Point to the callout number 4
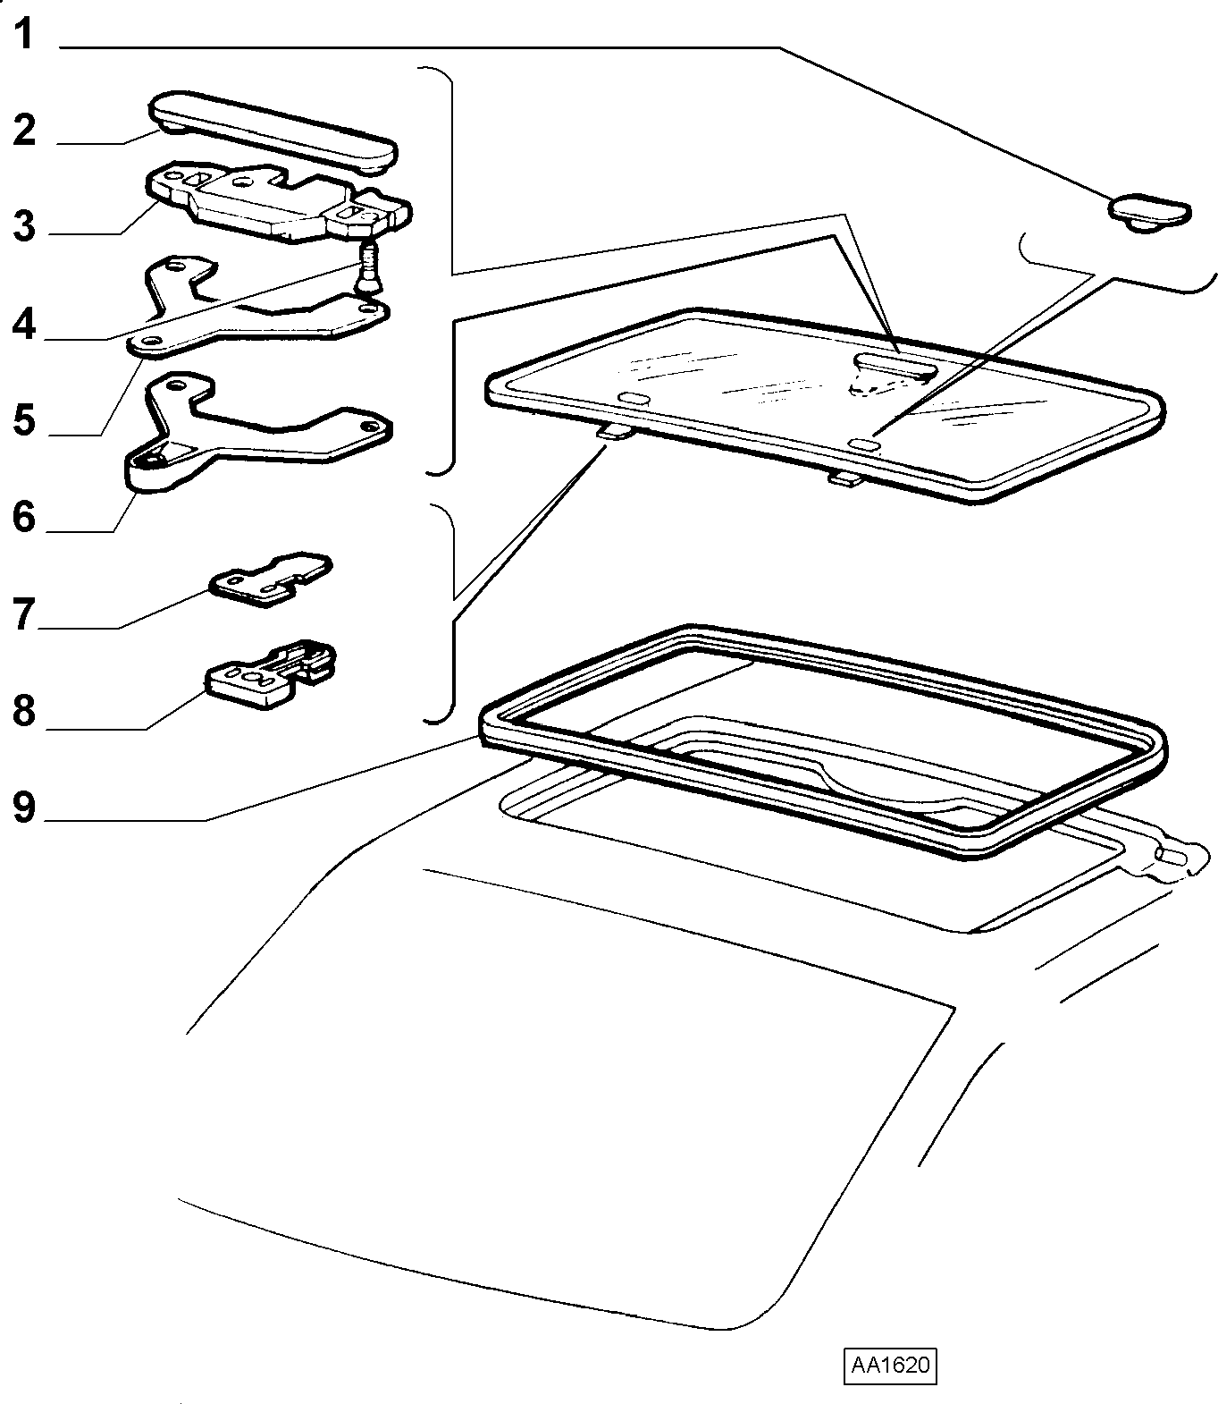click(24, 323)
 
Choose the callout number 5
click(24, 419)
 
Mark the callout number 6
click(24, 516)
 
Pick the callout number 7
click(24, 614)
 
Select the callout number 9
click(24, 807)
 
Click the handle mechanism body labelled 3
click(278, 202)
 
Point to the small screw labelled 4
click(367, 267)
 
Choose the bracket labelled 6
click(255, 429)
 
